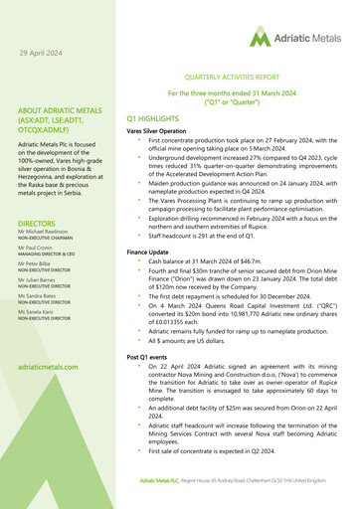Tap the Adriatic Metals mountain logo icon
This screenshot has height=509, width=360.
(x=260, y=39)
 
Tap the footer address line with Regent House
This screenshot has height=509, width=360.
(x=249, y=480)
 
